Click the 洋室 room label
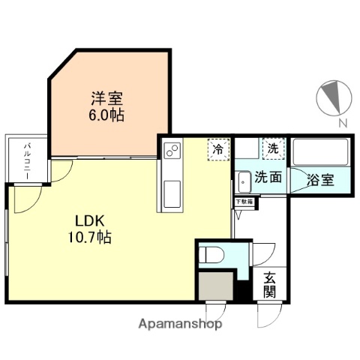(x=108, y=99)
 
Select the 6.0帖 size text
(x=108, y=115)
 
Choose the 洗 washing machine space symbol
(x=271, y=148)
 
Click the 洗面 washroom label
(x=268, y=178)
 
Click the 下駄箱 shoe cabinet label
(x=244, y=201)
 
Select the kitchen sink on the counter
(x=169, y=190)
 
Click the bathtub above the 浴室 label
(x=316, y=153)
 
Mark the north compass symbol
(x=334, y=97)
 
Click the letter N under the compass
(x=341, y=123)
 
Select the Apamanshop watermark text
(x=179, y=325)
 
